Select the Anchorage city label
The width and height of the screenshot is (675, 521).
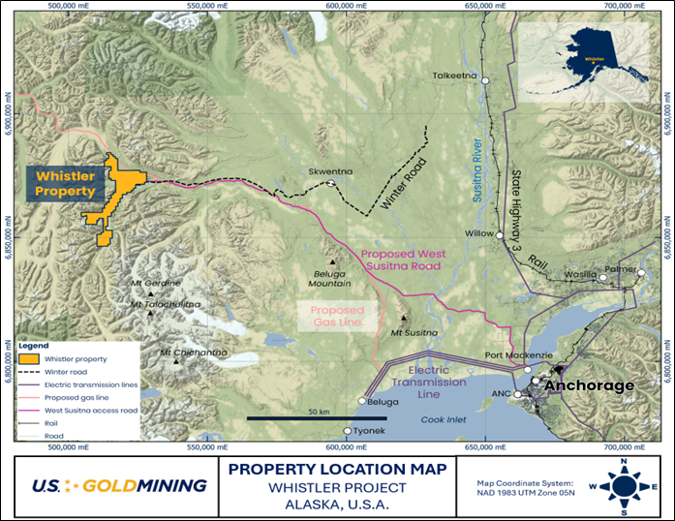click(x=590, y=385)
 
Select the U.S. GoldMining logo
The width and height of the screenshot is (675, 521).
click(x=117, y=485)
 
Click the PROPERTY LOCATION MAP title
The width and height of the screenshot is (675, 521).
click(x=337, y=469)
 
